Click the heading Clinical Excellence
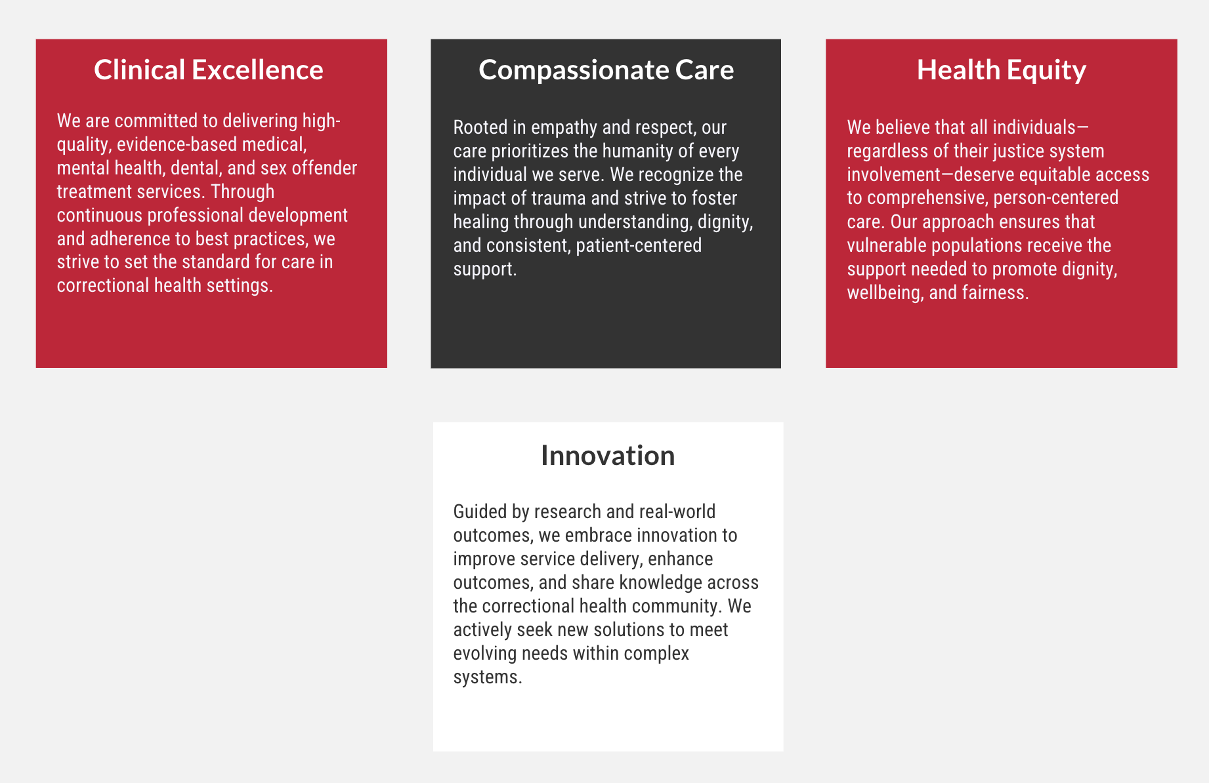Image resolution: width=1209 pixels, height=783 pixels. (x=209, y=70)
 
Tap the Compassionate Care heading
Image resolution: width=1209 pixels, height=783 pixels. (x=606, y=70)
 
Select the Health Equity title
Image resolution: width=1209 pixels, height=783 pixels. (x=1001, y=70)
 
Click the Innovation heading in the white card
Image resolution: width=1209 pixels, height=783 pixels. (x=608, y=455)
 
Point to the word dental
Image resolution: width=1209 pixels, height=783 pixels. (x=194, y=168)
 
